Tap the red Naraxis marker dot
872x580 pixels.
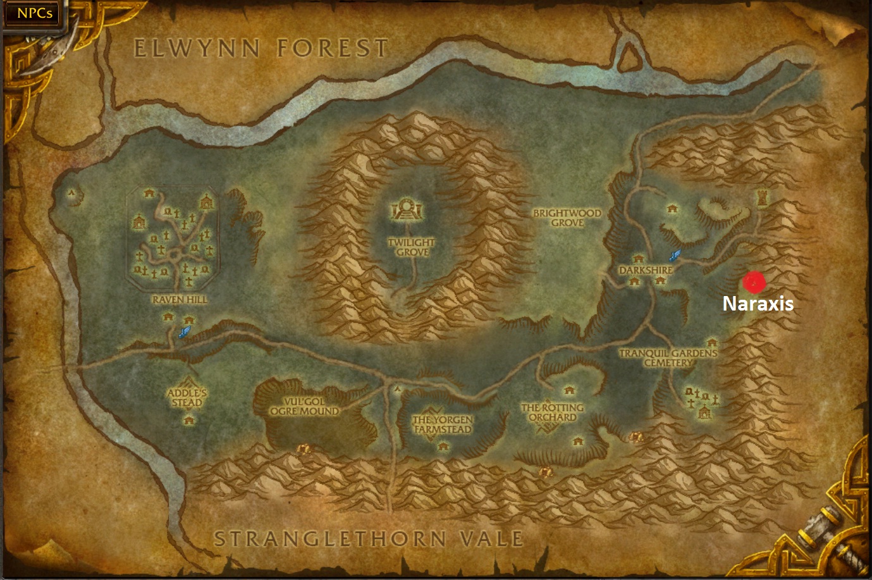(754, 282)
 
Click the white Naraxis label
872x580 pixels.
(758, 304)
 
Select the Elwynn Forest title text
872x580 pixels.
(261, 49)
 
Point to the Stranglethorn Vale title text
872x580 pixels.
(369, 539)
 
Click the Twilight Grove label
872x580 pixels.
(412, 247)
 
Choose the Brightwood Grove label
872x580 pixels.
(567, 218)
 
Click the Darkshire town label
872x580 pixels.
(646, 270)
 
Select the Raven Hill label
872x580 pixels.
(180, 299)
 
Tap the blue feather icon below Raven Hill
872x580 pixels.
(184, 331)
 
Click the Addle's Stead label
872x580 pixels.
(187, 398)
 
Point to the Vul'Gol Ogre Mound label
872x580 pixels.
(305, 406)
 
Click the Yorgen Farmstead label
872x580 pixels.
(443, 424)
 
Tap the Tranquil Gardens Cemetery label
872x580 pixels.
(668, 358)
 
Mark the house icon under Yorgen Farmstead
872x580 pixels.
(443, 447)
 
